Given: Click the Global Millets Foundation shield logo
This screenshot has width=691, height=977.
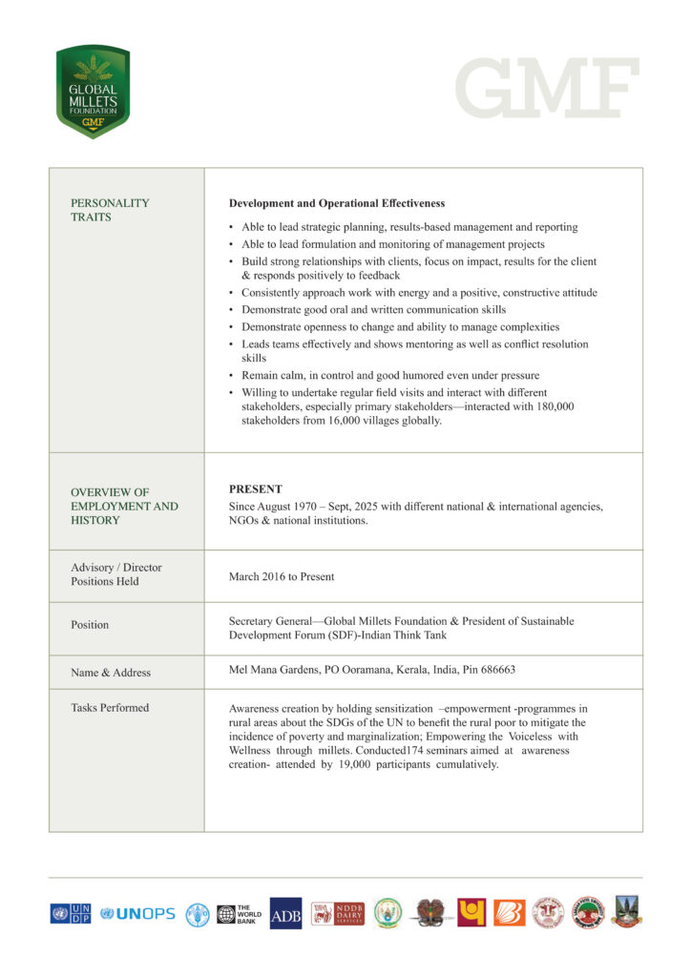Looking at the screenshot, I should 93,93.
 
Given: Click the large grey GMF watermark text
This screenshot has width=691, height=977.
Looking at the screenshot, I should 547,90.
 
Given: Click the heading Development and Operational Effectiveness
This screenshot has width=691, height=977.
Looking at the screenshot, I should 336,203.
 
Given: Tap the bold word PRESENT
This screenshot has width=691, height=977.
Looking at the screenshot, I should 255,488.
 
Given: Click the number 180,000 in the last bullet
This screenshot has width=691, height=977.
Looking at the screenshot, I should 553,406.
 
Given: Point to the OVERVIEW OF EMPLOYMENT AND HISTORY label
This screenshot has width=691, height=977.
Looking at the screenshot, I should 124,507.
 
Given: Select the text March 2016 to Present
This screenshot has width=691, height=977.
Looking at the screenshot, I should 282,576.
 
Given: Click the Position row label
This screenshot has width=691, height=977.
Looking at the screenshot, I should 90,625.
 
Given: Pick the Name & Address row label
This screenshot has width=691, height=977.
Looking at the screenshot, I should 111,673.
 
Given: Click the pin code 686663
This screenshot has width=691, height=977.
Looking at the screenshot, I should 496,670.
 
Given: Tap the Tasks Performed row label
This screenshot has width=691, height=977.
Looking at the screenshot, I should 110,708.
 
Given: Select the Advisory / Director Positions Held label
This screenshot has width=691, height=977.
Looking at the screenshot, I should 116,574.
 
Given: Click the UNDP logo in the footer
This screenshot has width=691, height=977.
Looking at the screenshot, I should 71,914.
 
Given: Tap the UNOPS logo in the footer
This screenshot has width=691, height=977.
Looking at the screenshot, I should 137,914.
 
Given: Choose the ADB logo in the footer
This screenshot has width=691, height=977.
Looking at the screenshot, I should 285,914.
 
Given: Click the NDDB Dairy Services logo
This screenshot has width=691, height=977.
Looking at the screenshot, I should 337,914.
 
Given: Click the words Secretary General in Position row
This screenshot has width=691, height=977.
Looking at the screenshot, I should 273,621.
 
